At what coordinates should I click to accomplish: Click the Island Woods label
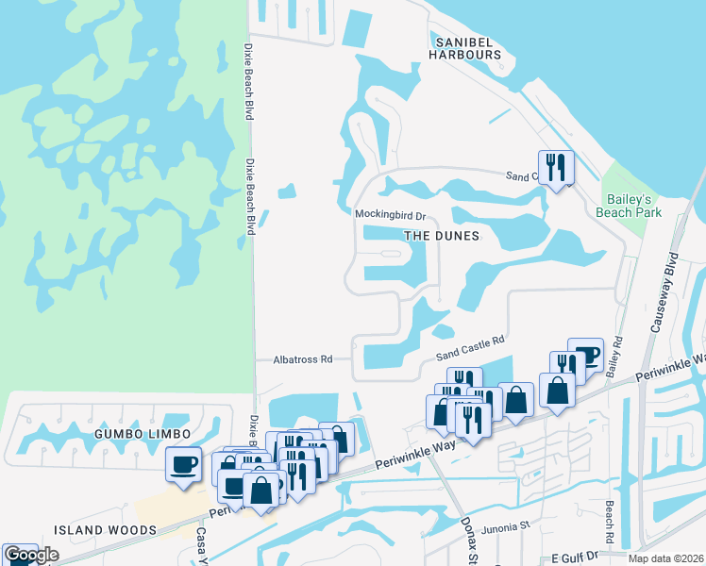[x=105, y=530]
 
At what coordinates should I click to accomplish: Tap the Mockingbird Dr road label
[x=391, y=215]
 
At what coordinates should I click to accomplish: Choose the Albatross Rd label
[x=303, y=359]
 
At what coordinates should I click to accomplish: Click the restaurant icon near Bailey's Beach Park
[x=555, y=168]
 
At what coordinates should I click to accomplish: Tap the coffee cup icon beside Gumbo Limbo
[x=183, y=463]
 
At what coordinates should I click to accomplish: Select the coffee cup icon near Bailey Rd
[x=585, y=355]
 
